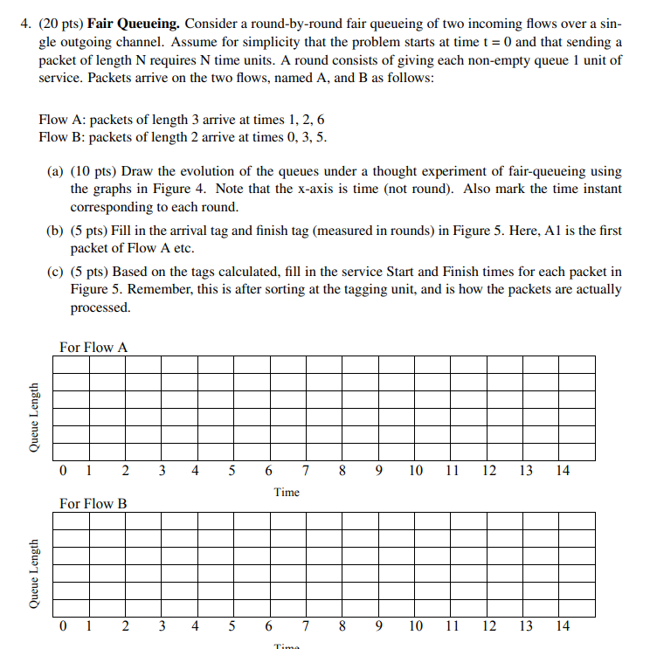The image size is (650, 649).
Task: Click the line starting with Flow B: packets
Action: coord(183,137)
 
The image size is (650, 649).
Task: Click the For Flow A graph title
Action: coord(93,348)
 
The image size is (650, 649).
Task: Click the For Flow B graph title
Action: coord(93,503)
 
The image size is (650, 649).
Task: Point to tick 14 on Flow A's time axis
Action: coord(563,471)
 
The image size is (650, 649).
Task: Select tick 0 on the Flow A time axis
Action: coord(64,471)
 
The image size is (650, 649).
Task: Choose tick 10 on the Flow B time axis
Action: coord(416,626)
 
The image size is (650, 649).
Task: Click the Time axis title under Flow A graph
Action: coord(287,492)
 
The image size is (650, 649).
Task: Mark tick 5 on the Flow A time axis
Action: coord(232,471)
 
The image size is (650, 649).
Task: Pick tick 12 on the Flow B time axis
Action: coord(489,626)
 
